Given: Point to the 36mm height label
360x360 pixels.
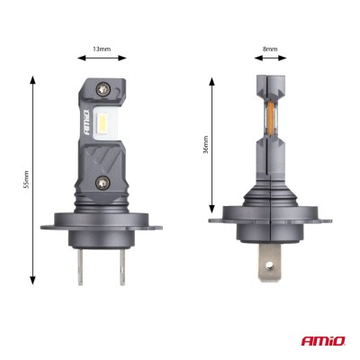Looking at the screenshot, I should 205,143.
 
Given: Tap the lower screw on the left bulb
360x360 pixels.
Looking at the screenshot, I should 101,183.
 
